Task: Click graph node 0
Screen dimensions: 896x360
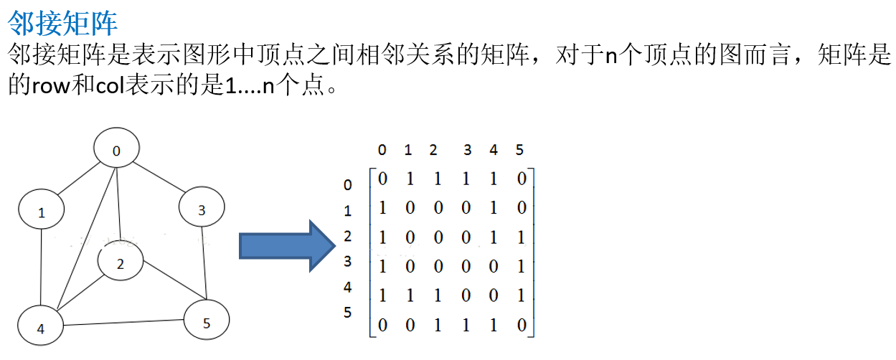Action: (x=117, y=150)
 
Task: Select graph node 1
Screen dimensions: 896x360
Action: (x=42, y=212)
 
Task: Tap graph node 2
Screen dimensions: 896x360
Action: (x=121, y=263)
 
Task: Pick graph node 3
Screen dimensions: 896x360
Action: (x=202, y=209)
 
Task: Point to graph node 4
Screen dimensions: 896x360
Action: (x=40, y=328)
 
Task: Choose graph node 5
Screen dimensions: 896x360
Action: (x=207, y=323)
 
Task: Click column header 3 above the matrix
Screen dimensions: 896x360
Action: (x=468, y=150)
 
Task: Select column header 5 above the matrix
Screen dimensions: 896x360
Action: (x=519, y=150)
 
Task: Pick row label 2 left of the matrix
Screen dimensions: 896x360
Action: (x=348, y=236)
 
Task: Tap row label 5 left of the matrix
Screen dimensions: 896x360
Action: (x=348, y=313)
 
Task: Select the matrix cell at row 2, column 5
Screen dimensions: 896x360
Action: (x=521, y=237)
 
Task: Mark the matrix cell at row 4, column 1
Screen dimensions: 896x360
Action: (x=410, y=295)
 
